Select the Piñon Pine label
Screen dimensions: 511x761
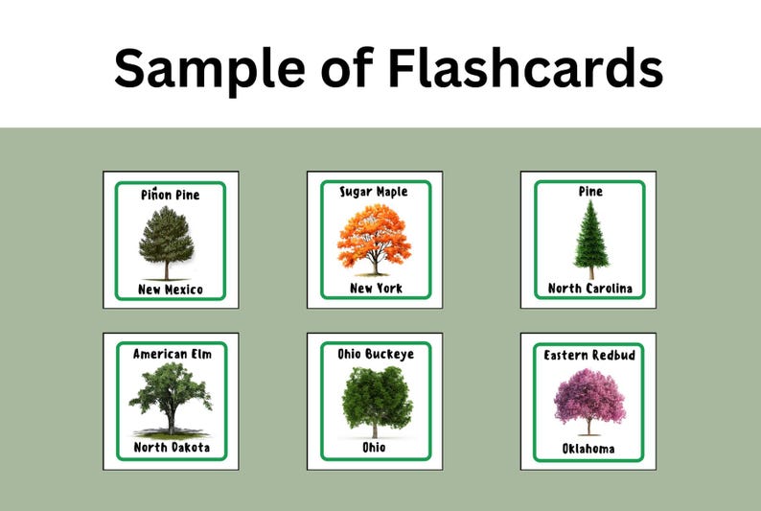pyautogui.click(x=171, y=195)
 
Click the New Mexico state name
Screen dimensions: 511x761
pyautogui.click(x=171, y=290)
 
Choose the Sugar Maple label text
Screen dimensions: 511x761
pyautogui.click(x=374, y=192)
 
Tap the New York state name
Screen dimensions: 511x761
pyautogui.click(x=376, y=289)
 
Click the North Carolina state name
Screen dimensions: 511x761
pyautogui.click(x=590, y=289)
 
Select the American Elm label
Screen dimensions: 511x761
pyautogui.click(x=172, y=354)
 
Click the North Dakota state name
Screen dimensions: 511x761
pyautogui.click(x=172, y=448)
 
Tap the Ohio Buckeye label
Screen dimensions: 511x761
pyautogui.click(x=376, y=354)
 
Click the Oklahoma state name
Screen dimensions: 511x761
pyautogui.click(x=589, y=449)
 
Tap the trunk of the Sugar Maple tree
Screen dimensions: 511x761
pyautogui.click(x=375, y=264)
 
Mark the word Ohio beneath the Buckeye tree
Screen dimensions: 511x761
pyautogui.click(x=376, y=448)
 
